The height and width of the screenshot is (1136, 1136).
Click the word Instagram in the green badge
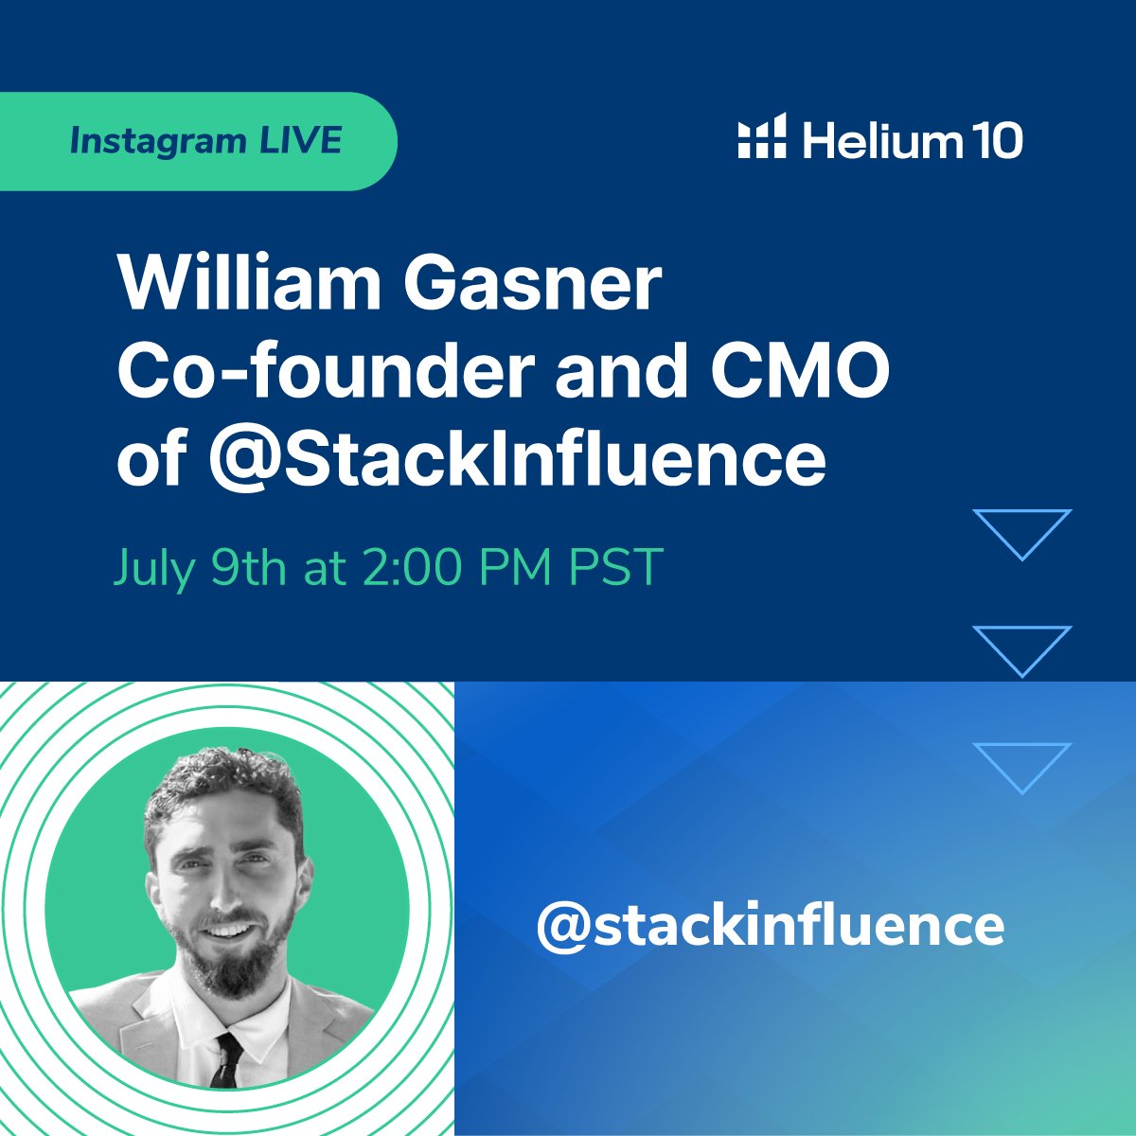157,141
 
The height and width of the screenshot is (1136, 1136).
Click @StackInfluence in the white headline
517,459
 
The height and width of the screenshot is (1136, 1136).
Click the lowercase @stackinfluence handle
771,925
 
